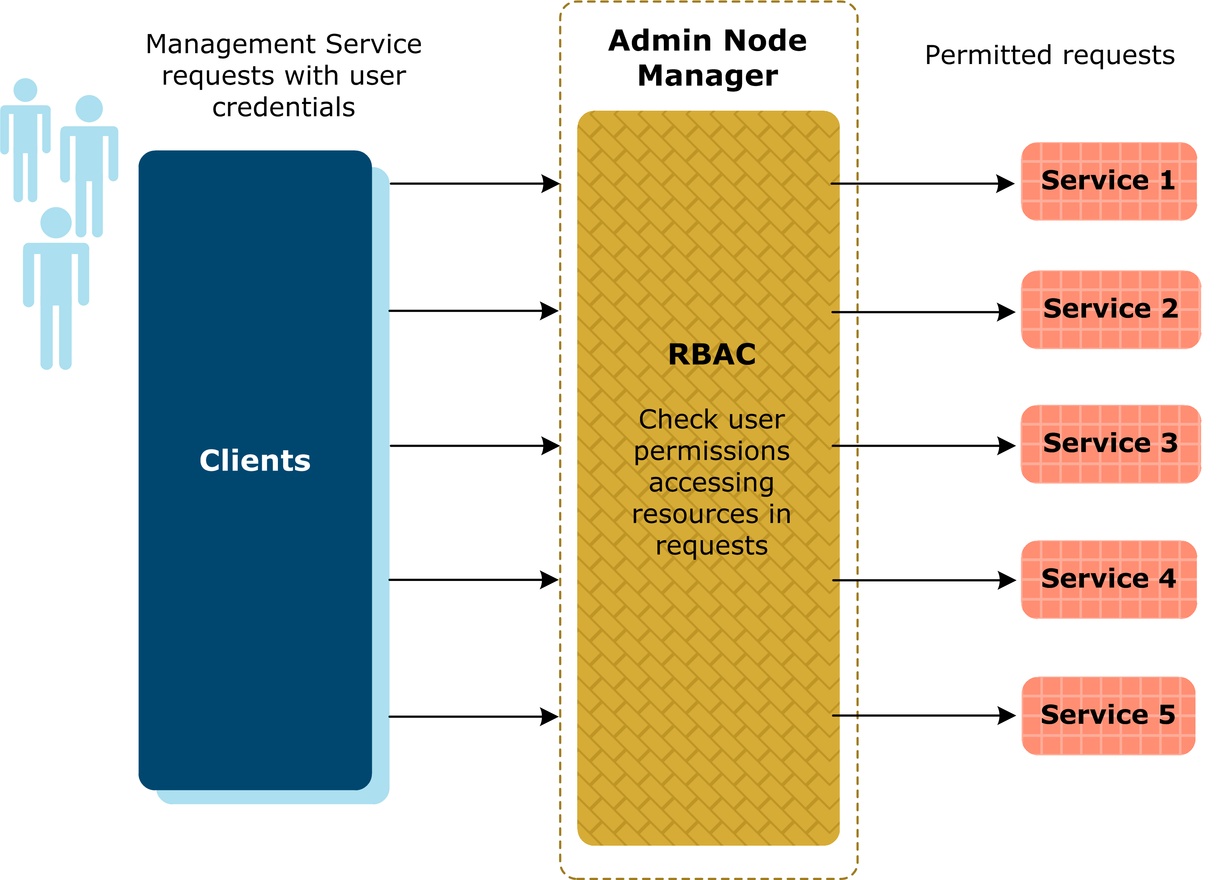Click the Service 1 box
pos(1108,181)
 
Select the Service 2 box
pos(1110,310)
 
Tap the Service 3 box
pos(1110,444)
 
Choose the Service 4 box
pos(1108,580)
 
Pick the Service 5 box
pos(1108,715)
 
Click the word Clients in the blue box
pos(255,461)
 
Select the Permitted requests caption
pos(1049,55)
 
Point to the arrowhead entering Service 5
pos(1006,715)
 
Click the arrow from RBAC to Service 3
pos(914,446)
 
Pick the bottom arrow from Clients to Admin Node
pos(468,716)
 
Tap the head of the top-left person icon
pos(25,90)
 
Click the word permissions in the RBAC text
pos(711,451)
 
